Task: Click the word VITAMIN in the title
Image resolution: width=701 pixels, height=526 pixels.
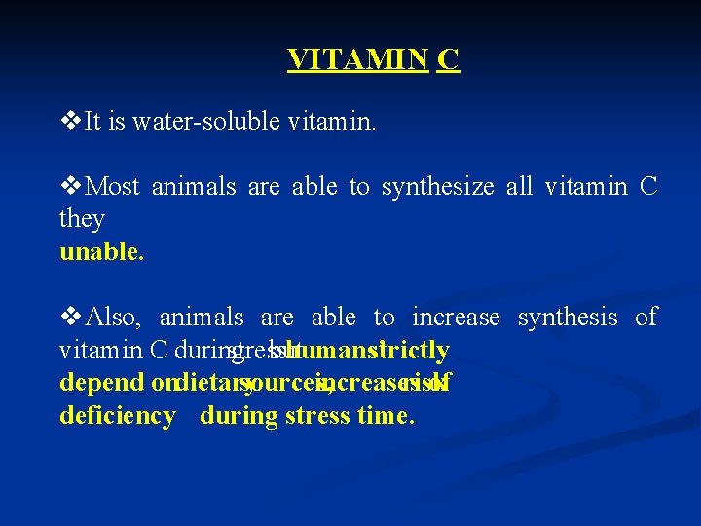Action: click(357, 60)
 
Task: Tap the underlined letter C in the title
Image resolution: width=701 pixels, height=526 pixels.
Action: click(448, 60)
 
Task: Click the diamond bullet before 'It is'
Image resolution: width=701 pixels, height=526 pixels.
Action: click(70, 122)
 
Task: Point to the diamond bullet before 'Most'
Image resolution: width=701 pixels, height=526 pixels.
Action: click(70, 187)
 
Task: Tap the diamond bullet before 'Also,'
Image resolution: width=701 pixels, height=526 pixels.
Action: click(70, 318)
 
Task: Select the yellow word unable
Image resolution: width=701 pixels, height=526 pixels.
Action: click(101, 252)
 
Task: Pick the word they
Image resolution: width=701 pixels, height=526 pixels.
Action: click(82, 219)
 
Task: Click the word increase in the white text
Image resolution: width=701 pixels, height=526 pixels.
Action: click(456, 318)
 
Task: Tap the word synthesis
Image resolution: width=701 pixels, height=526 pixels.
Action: click(569, 318)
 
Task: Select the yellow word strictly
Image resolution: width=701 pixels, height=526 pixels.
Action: click(409, 350)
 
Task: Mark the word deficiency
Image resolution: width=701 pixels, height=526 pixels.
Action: click(117, 416)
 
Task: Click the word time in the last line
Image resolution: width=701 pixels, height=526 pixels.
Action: click(388, 416)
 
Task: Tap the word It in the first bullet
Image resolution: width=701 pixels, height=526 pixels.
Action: click(94, 122)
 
